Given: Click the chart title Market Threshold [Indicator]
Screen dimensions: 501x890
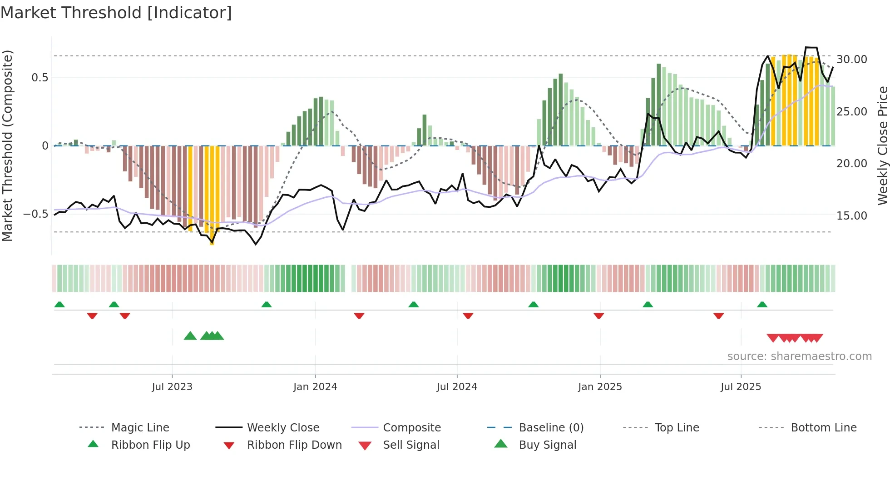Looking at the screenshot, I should click(116, 13).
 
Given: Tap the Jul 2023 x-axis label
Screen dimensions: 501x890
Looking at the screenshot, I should click(172, 387).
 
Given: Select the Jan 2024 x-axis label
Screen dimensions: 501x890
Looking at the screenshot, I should click(315, 387).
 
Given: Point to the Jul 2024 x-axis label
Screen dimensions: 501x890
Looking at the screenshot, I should click(457, 387).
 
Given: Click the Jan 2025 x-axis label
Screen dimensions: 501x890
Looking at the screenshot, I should click(600, 387).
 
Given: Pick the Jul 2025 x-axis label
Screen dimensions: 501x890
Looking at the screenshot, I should click(741, 387).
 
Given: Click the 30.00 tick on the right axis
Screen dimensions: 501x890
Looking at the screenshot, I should click(851, 60).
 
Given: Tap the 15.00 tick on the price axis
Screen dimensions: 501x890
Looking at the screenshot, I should click(851, 216).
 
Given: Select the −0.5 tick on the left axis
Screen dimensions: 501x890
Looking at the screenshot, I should click(35, 214).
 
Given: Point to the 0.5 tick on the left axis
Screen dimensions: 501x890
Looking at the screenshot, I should click(40, 78).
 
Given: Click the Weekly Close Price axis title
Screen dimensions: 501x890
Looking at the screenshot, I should click(882, 145).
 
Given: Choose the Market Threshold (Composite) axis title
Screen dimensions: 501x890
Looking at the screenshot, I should click(7, 145).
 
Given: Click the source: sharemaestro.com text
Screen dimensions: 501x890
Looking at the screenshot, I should click(799, 356).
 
